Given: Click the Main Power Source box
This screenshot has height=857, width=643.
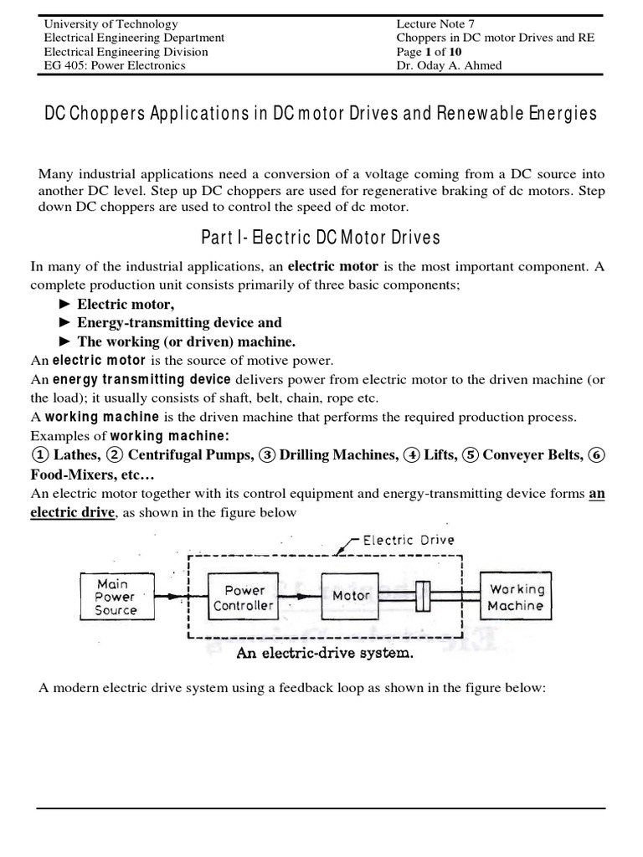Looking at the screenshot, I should tap(116, 597).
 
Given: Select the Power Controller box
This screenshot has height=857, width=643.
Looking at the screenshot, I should tap(244, 597).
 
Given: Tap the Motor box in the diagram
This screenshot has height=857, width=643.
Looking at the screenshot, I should tap(351, 596).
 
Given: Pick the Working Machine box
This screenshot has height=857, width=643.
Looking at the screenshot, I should tap(517, 597).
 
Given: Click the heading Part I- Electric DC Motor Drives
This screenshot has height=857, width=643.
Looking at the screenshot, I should tap(321, 239).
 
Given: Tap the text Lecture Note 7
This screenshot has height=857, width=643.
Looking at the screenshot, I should tap(435, 24).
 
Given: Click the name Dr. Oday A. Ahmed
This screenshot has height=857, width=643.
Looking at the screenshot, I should tap(449, 66).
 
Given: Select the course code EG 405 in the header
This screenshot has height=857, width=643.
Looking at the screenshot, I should tap(65, 66).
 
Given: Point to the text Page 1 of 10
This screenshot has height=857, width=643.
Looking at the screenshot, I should tap(429, 52).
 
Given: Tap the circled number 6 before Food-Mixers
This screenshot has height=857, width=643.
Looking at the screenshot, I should tap(596, 455).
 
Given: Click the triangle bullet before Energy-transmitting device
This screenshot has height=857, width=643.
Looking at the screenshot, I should tap(65, 323).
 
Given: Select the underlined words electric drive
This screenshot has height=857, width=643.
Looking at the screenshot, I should tap(72, 512).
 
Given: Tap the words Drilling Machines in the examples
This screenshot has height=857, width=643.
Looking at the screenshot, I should tap(338, 455).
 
